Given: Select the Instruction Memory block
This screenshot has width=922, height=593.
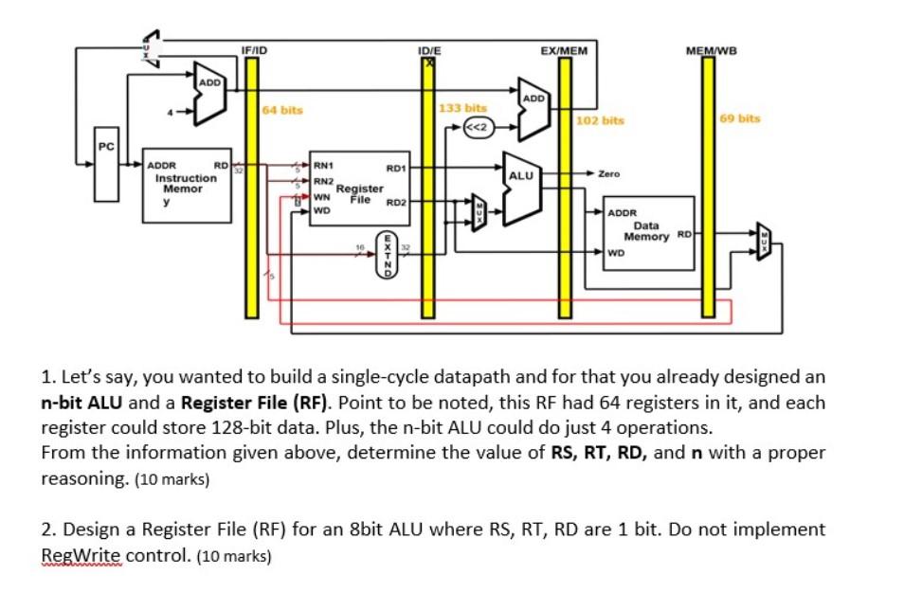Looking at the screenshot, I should tap(188, 189).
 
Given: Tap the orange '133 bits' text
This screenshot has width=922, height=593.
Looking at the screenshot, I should tap(462, 109).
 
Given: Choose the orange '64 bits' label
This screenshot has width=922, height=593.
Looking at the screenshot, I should tap(282, 110).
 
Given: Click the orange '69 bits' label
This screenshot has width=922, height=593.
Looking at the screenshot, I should tap(740, 118).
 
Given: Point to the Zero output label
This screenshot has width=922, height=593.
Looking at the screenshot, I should tap(608, 174).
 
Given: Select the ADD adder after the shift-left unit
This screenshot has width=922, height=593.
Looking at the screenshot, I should tap(534, 111).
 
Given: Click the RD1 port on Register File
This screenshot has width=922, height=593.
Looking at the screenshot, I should tap(396, 168).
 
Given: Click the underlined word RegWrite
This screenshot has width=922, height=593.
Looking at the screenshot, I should tap(82, 555).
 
